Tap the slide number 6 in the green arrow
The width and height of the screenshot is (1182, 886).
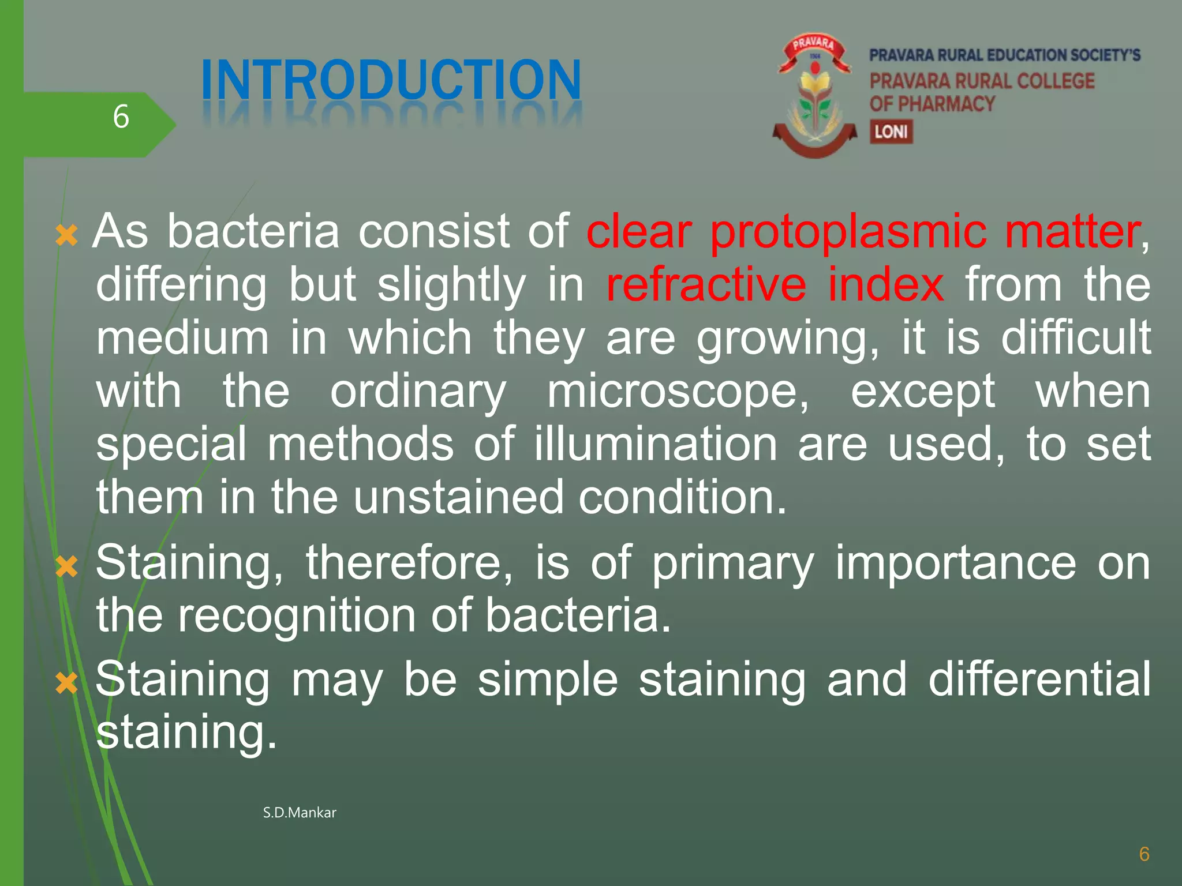pyautogui.click(x=121, y=117)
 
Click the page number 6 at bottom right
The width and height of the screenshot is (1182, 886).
pyautogui.click(x=1144, y=854)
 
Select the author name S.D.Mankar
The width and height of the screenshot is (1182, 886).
pyautogui.click(x=299, y=813)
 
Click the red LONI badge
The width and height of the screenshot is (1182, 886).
pyautogui.click(x=891, y=132)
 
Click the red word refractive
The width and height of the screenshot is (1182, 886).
pyautogui.click(x=706, y=284)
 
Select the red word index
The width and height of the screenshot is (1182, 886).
pyautogui.click(x=886, y=284)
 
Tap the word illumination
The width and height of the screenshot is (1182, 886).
pyautogui.click(x=656, y=445)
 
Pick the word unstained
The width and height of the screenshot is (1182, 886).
pyautogui.click(x=458, y=497)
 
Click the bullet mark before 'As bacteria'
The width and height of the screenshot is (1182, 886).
pyautogui.click(x=66, y=236)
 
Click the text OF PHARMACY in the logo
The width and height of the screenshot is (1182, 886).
pyautogui.click(x=932, y=104)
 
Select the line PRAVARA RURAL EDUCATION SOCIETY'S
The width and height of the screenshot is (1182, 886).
pyautogui.click(x=1005, y=55)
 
